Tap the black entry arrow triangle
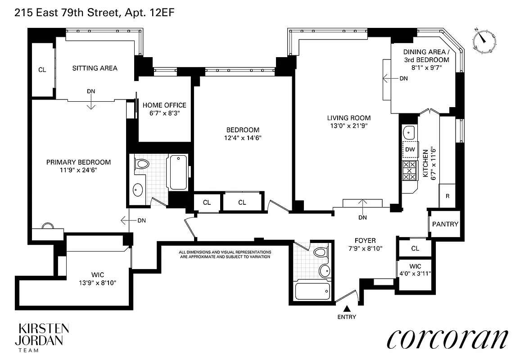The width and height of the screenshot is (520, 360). (347, 309)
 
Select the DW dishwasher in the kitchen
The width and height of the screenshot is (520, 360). (410, 149)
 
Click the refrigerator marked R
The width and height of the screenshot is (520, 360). (447, 196)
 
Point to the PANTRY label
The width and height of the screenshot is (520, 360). (445, 224)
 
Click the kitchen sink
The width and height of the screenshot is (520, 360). (409, 132)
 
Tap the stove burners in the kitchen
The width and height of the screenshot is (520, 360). (409, 171)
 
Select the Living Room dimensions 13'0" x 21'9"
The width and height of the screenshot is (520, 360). (348, 126)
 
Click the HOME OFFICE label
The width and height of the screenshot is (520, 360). (164, 105)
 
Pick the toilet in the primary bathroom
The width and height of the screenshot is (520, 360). (142, 164)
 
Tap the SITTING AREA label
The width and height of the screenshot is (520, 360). (95, 68)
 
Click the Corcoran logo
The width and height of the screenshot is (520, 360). (448, 338)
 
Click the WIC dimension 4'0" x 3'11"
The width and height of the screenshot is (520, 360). (415, 273)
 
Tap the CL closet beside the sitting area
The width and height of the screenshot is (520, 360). (42, 70)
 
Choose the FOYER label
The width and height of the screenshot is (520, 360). (364, 241)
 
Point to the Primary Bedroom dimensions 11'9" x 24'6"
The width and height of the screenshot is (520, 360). (78, 170)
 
